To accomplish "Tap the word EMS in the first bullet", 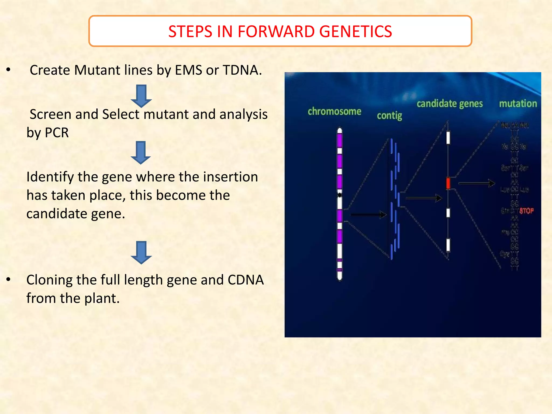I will [x=188, y=70].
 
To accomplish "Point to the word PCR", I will [x=57, y=133].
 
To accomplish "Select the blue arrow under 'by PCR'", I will [x=141, y=153].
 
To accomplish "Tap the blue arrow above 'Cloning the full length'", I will [x=141, y=253].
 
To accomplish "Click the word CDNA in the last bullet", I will [x=246, y=280].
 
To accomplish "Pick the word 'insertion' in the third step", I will [x=230, y=177].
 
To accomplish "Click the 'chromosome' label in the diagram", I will [x=334, y=111].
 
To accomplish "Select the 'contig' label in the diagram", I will [x=389, y=116].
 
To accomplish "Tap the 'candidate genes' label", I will [x=450, y=103].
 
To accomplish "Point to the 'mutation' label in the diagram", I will [x=518, y=103].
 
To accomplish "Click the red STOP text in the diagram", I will [x=526, y=211].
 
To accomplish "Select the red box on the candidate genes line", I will [x=448, y=183].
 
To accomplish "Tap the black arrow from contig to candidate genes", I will [x=423, y=198].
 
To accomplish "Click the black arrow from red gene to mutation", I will [x=476, y=184].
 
